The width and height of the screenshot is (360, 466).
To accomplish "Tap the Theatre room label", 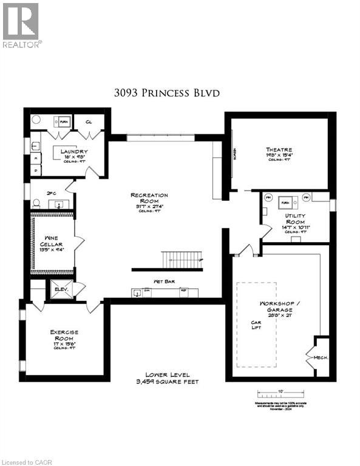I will coord(278,150).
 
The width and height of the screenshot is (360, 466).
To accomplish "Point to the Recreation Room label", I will coord(149,195).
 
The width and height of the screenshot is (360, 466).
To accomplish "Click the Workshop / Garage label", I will coord(276,303).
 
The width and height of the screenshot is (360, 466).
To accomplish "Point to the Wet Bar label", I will coord(165,282).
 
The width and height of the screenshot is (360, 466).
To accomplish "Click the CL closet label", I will coord(89,121).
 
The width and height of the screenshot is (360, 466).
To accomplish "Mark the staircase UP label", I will coord(201,259).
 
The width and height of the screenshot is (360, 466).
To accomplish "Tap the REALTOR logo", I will coord(21,24).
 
